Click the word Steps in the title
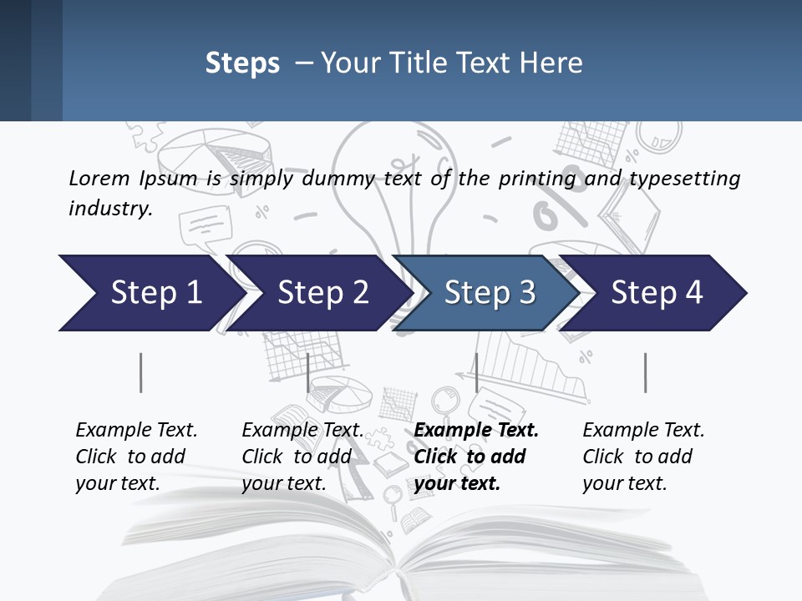click(242, 63)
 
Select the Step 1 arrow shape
click(150, 292)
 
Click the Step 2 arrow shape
click(322, 292)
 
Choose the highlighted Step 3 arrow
click(489, 292)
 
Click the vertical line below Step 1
click(141, 372)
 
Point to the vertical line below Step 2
click(308, 372)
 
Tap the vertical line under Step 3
click(476, 372)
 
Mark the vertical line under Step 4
click(646, 372)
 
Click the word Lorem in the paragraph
click(99, 178)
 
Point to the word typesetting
click(684, 179)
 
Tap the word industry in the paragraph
click(109, 208)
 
